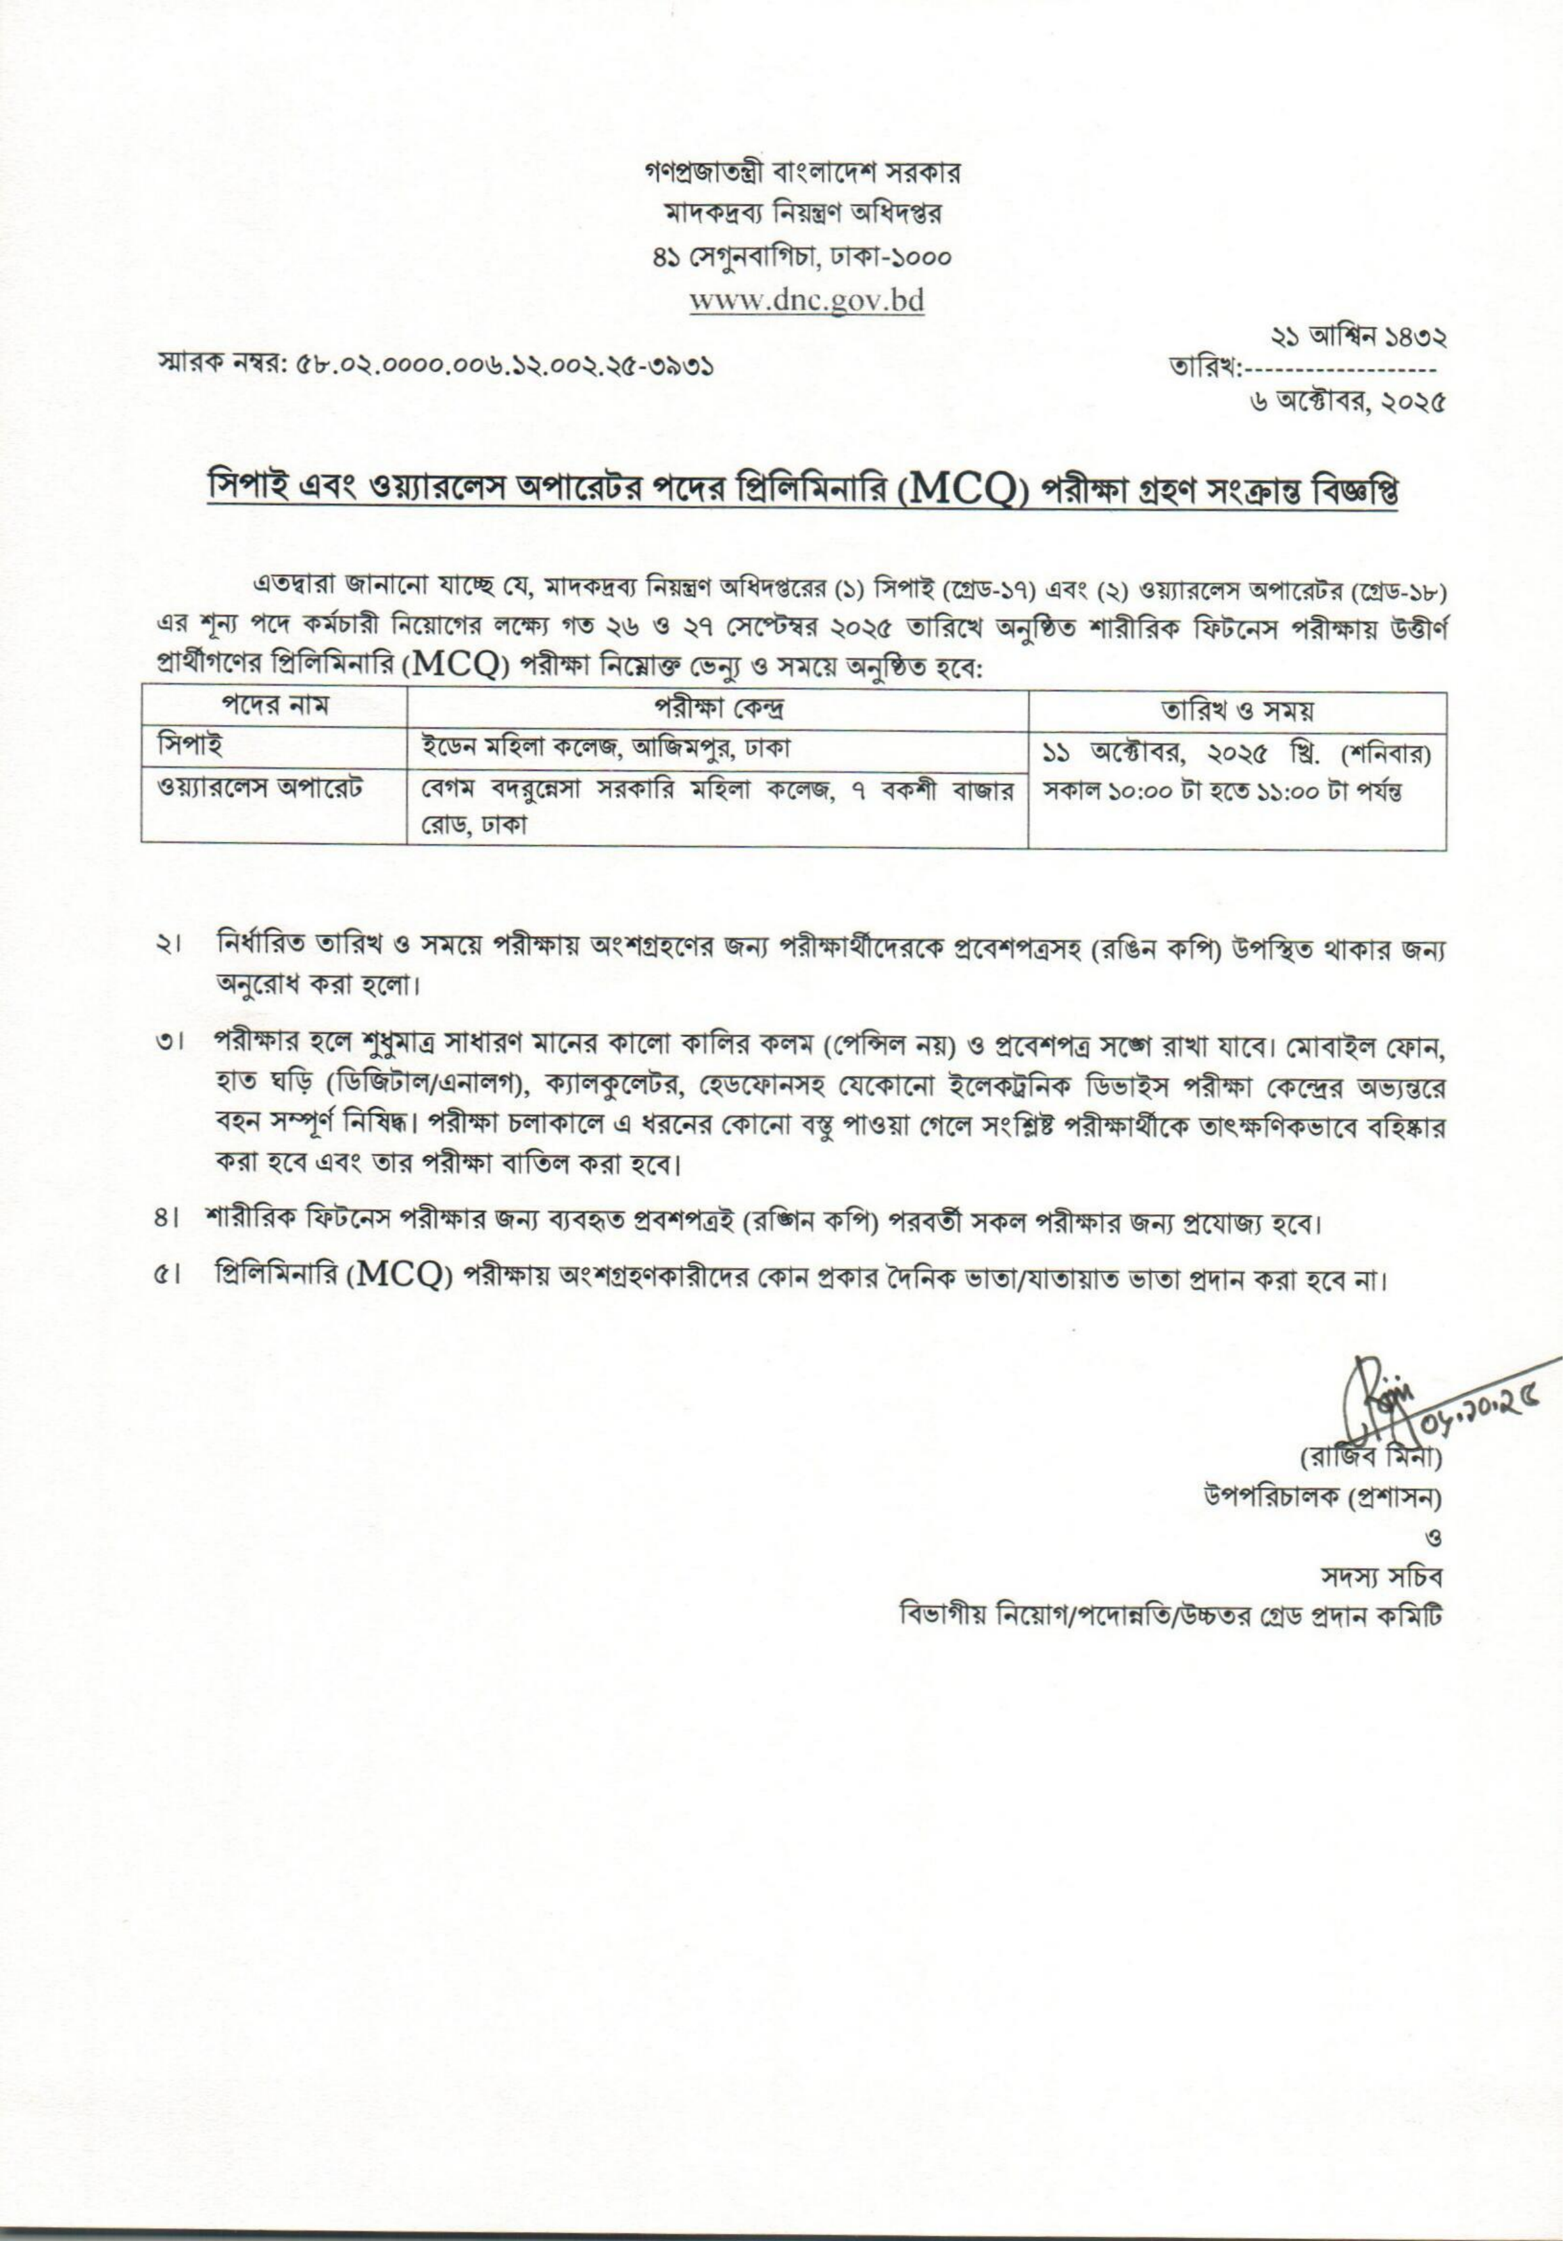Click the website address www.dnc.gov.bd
coord(806,300)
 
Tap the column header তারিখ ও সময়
coord(1237,708)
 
